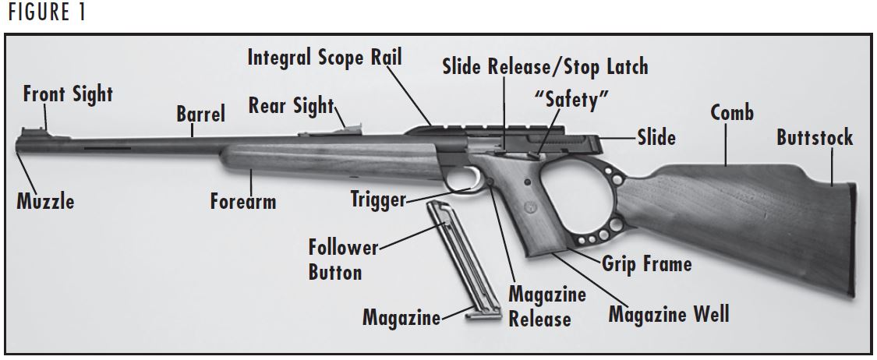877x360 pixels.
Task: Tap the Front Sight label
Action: [68, 95]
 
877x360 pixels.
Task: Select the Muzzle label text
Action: [46, 202]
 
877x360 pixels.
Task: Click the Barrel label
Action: [200, 115]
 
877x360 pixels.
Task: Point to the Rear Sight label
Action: [291, 106]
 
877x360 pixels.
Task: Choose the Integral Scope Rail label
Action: [325, 58]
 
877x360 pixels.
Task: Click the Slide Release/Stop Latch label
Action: [545, 66]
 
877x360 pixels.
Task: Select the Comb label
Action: [731, 113]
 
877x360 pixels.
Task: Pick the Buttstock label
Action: [814, 139]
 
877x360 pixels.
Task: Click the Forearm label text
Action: [243, 202]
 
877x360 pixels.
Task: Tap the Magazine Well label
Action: [668, 314]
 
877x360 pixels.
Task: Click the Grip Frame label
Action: [646, 264]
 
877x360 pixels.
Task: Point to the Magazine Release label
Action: [546, 306]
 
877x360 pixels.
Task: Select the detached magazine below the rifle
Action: [458, 260]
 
